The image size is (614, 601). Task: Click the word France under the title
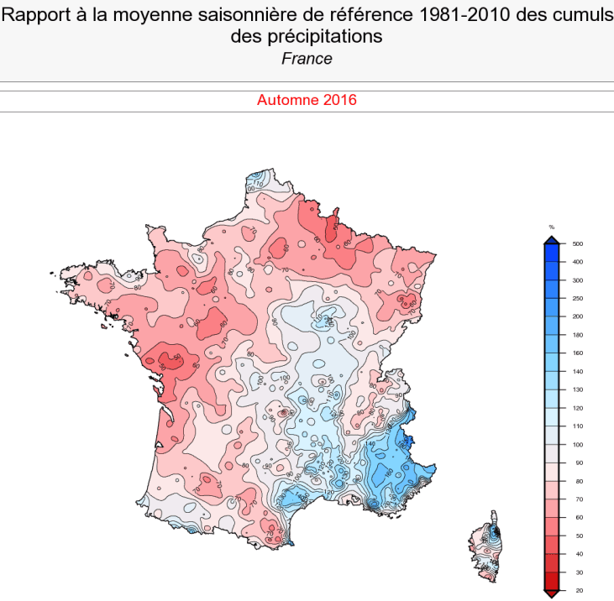click(307, 59)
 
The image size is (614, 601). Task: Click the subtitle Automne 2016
click(307, 100)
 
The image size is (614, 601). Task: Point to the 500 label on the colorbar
click(578, 244)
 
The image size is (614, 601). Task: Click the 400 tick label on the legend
click(578, 262)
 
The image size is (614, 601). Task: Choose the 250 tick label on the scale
click(578, 299)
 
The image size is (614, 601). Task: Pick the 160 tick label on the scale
click(578, 353)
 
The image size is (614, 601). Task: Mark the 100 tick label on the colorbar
click(578, 445)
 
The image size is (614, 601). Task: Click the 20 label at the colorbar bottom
click(577, 591)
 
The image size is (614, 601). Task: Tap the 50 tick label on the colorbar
click(577, 536)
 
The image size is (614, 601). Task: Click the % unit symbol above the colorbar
click(552, 227)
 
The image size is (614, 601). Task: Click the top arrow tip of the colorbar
click(552, 238)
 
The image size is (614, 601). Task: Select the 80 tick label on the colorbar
click(577, 481)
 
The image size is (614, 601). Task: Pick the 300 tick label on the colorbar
click(578, 280)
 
